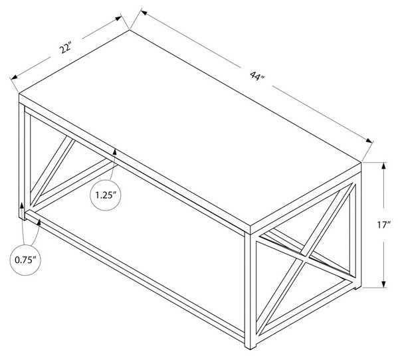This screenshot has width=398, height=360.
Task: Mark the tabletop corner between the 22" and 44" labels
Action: tap(129, 29)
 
